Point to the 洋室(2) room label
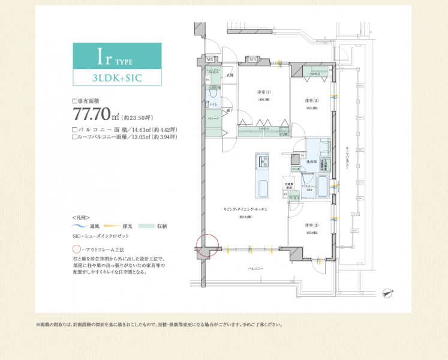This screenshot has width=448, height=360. point(311,100)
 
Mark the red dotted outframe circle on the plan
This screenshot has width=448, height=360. point(205,245)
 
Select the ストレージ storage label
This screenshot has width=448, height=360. point(214,118)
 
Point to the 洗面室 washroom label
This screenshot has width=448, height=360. point(311,162)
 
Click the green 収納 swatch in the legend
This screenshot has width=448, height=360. point(147,226)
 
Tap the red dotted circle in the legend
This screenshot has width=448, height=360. point(76,248)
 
